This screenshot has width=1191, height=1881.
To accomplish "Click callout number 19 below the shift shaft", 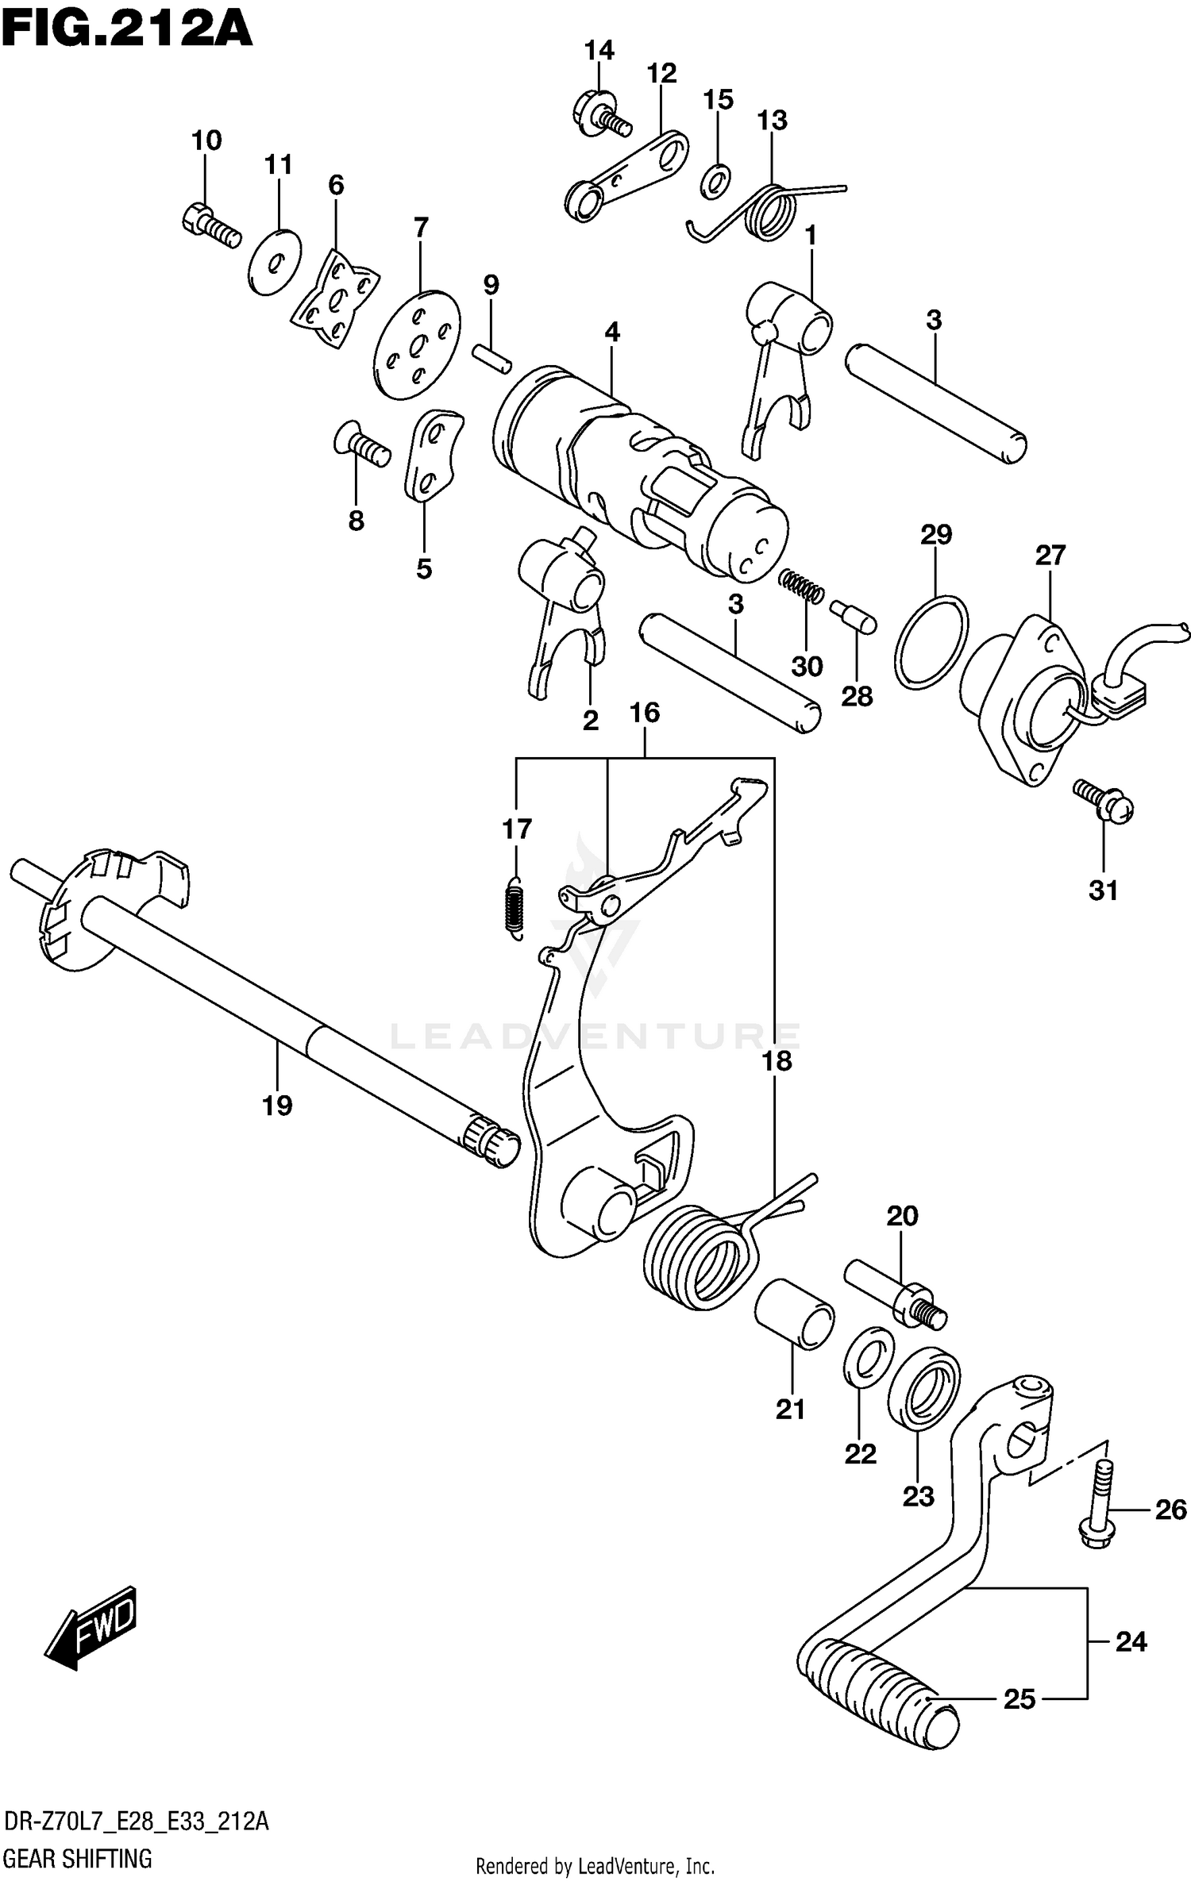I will (x=278, y=1105).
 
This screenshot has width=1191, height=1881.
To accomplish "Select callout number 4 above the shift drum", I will (x=611, y=332).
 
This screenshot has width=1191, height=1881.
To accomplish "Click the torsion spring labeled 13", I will (x=769, y=210).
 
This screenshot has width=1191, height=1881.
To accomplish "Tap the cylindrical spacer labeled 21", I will (x=793, y=1314).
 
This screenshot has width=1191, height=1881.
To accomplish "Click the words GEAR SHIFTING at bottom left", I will (x=78, y=1858).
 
